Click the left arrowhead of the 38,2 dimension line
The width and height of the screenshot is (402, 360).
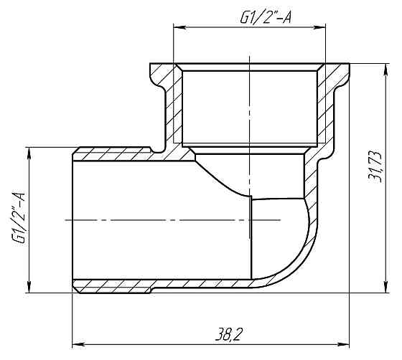coord(78,342)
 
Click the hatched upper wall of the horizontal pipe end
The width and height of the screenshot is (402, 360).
coord(115,153)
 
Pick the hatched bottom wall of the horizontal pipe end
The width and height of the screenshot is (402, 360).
coord(115,286)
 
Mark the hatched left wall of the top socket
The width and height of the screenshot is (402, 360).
coord(170,108)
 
